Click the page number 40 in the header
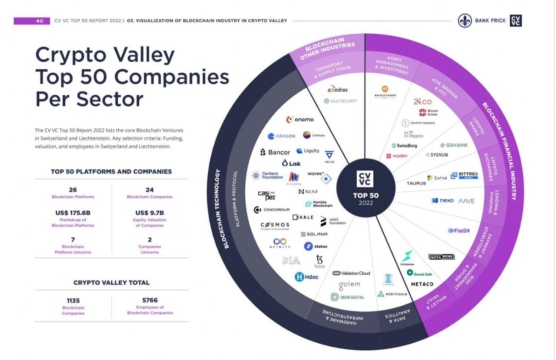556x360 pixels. (x=39, y=21)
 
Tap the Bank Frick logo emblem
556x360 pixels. (x=464, y=21)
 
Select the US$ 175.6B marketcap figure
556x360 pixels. (x=73, y=213)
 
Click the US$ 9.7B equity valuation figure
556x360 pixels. (x=149, y=213)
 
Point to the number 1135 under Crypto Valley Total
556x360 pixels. (x=73, y=301)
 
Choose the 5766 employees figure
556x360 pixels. (x=150, y=300)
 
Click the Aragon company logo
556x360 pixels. (x=281, y=136)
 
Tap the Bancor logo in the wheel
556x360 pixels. (x=275, y=152)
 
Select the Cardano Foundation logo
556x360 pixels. (x=267, y=175)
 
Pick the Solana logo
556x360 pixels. (x=314, y=234)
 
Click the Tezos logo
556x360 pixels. (x=319, y=261)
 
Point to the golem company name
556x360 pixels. (x=349, y=285)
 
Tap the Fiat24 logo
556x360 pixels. (x=459, y=231)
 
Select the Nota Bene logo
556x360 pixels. (x=441, y=257)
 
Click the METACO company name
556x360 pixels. (x=422, y=284)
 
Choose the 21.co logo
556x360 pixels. (x=423, y=101)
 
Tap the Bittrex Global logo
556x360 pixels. (x=464, y=175)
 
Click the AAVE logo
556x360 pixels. (x=466, y=201)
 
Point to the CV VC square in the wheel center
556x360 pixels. (x=365, y=179)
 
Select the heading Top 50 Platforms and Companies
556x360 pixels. (x=111, y=172)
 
